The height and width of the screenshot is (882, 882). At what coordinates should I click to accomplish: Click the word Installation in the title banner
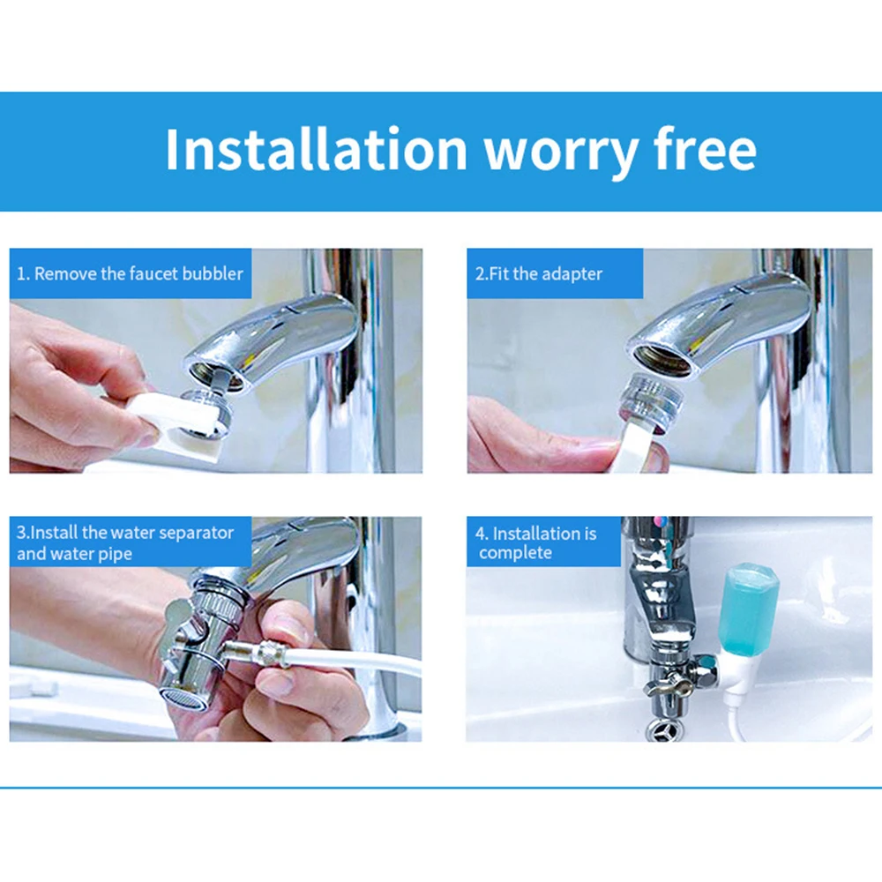point(316,149)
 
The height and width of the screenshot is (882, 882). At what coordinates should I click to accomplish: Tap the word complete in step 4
point(515,554)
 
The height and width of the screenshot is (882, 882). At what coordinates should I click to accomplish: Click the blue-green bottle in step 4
point(749,610)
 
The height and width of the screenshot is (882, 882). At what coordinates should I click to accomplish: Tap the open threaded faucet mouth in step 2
point(661,361)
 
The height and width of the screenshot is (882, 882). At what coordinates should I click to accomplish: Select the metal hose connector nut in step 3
point(263,653)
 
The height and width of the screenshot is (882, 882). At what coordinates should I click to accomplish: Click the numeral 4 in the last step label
point(480,534)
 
